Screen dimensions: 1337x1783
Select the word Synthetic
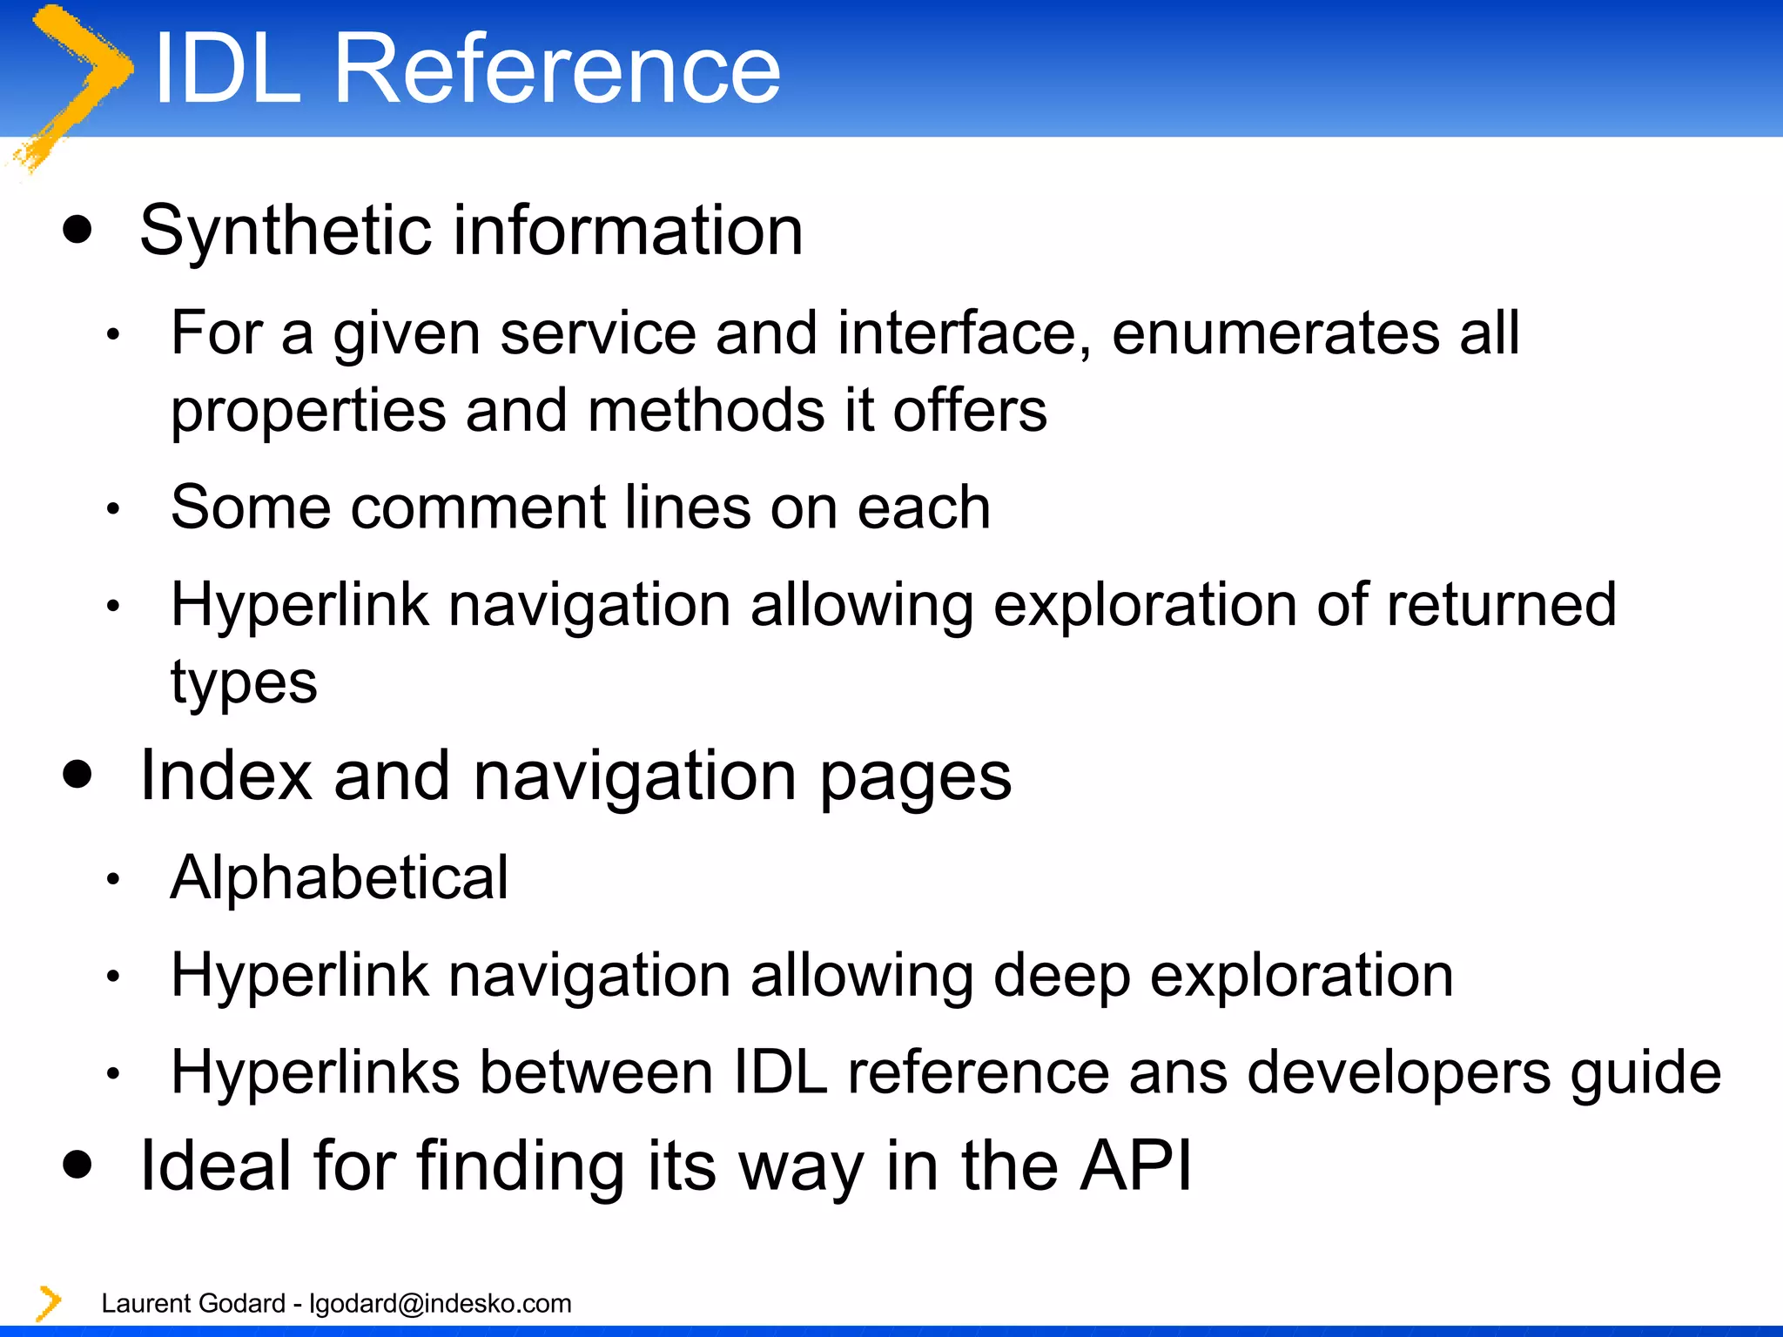pos(286,232)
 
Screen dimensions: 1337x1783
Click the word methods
pos(705,411)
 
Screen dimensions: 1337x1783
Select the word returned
pos(1501,604)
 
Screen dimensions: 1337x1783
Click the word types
pos(244,684)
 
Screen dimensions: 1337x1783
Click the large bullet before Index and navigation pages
pos(78,775)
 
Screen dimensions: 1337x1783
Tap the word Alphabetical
pos(340,877)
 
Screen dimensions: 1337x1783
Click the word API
pos(1135,1166)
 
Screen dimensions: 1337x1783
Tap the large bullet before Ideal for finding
pos(78,1165)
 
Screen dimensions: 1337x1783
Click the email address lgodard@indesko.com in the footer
pos(441,1303)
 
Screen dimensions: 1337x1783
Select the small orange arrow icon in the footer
pos(49,1303)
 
